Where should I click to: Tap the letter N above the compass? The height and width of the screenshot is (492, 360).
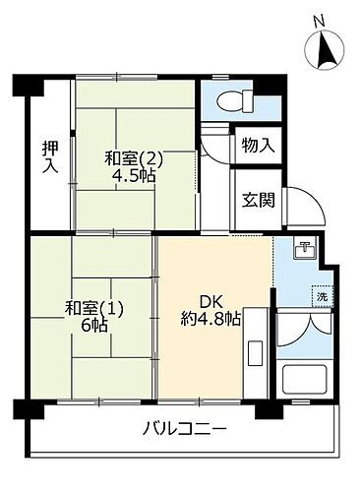317,17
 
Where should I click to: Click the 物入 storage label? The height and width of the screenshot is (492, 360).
257,147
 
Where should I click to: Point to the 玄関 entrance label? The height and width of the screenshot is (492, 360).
257,197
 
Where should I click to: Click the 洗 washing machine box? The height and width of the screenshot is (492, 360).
322,295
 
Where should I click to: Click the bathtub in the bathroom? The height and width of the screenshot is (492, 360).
306,379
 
